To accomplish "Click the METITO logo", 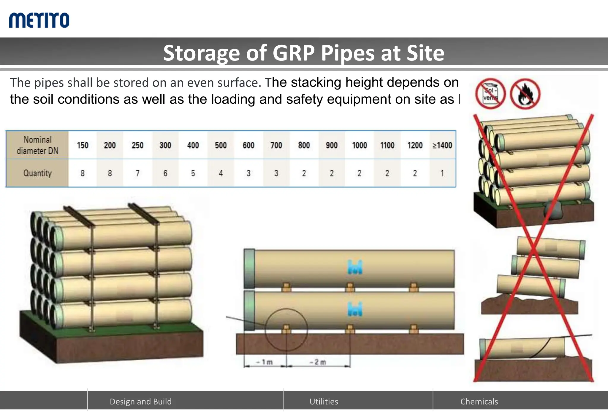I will [x=39, y=20].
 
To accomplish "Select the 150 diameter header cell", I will [x=83, y=145].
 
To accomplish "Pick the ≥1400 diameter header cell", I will [x=442, y=145].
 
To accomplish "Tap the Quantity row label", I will [x=37, y=173].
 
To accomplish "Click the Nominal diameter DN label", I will [x=37, y=145].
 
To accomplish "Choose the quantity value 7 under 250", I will [x=137, y=173].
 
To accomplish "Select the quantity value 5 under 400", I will [x=193, y=173].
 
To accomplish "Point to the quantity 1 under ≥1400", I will [x=442, y=173].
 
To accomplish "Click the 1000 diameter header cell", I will [x=359, y=145].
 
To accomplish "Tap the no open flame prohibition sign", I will [x=525, y=94].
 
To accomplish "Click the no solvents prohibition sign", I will [x=490, y=94].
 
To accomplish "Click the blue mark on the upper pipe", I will [x=355, y=267].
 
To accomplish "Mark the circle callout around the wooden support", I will [x=286, y=330].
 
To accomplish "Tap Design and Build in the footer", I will [x=141, y=402].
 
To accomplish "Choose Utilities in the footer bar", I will [x=324, y=402].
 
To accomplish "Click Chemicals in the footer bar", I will [x=479, y=402].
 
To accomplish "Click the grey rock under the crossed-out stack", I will [x=552, y=210].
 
